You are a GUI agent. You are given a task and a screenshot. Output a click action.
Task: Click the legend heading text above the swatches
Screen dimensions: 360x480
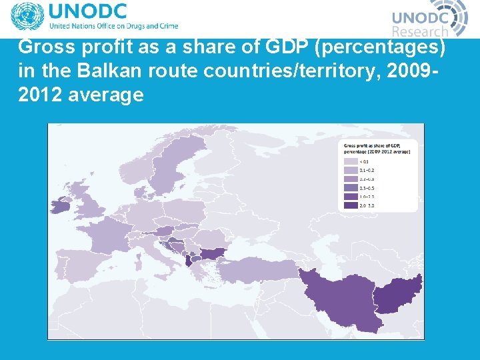click(x=377, y=148)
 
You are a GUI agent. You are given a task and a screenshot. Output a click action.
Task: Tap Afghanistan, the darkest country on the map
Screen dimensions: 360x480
click(x=397, y=293)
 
